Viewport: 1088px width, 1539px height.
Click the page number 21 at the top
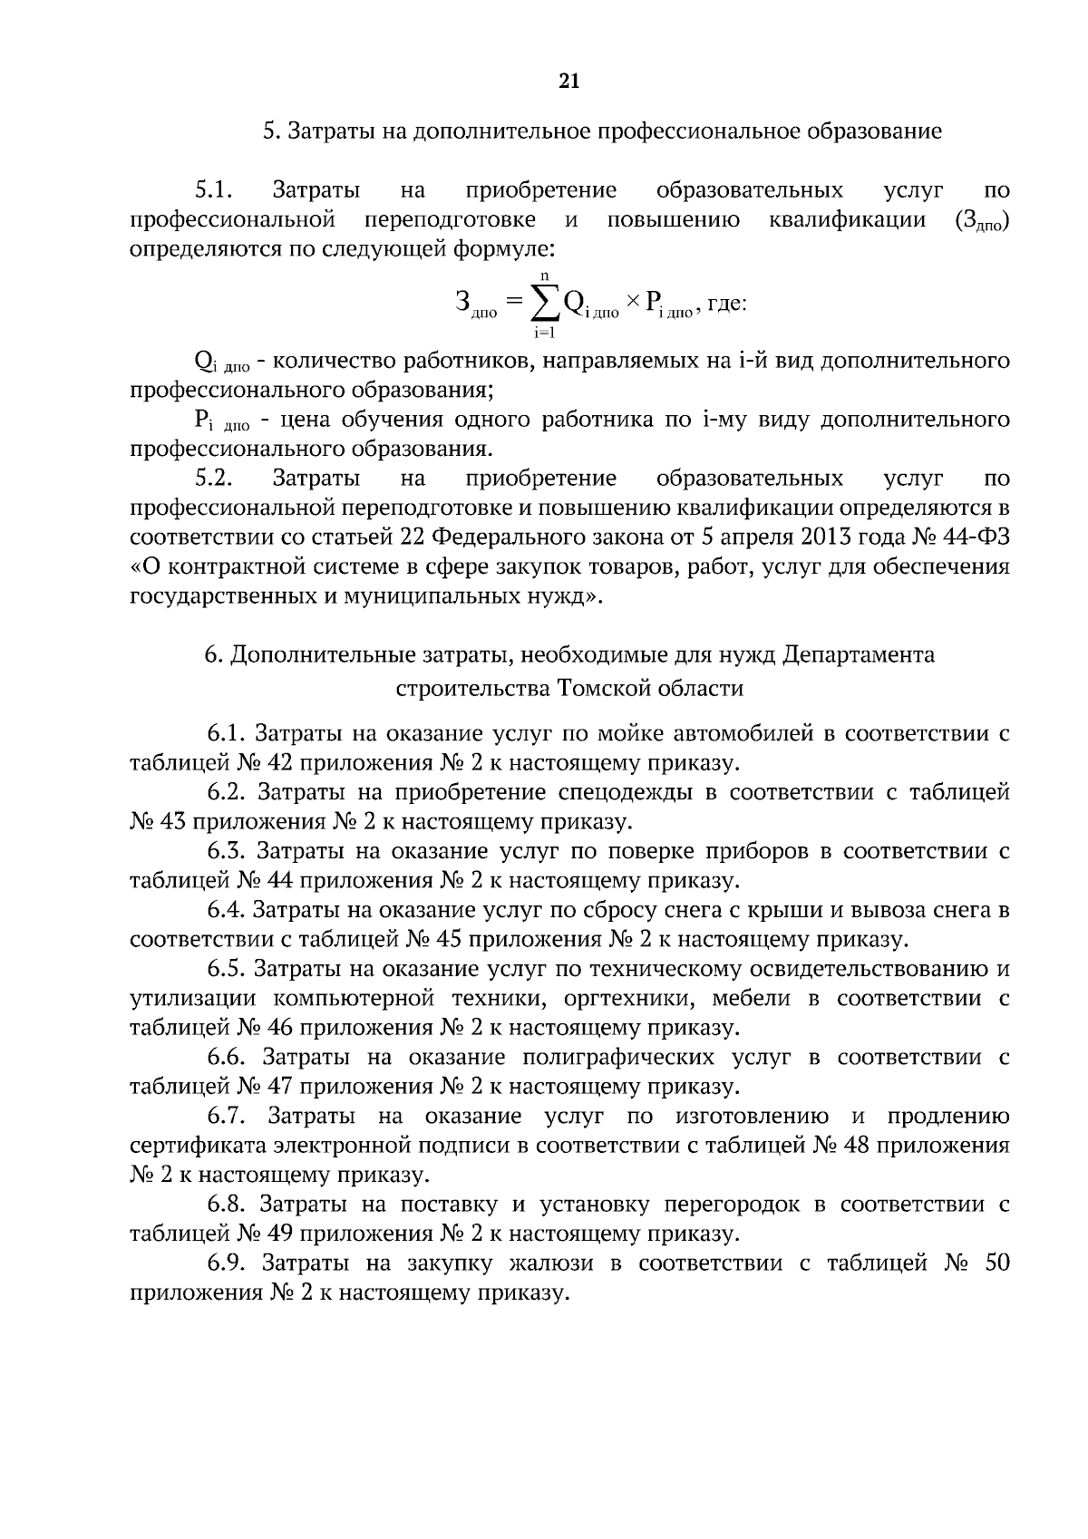click(x=568, y=82)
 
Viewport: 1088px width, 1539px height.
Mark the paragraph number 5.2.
click(x=215, y=478)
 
